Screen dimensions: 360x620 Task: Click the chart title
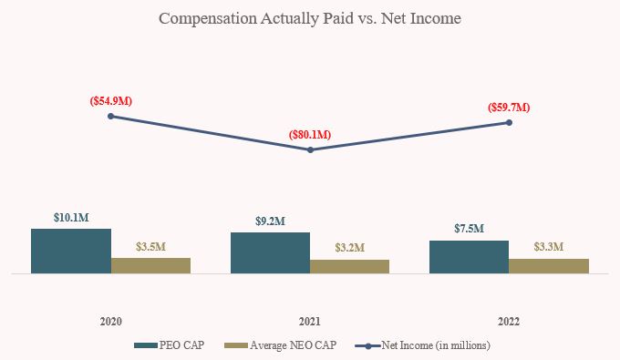[310, 18]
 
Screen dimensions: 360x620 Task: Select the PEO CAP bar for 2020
[71, 251]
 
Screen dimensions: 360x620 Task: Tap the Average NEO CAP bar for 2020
[150, 265]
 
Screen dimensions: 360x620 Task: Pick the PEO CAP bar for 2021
[270, 252]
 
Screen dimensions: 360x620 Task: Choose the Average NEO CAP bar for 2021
[349, 266]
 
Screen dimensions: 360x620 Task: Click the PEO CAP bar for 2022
[469, 256]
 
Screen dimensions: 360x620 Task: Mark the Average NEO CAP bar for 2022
[549, 265]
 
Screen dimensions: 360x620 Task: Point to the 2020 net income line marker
[111, 116]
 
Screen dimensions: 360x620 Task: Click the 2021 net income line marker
[310, 149]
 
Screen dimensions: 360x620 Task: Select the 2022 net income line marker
[509, 122]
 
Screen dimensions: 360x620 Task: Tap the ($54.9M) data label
[111, 100]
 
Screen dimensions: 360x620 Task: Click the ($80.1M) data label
[310, 135]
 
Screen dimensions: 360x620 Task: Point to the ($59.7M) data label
[509, 107]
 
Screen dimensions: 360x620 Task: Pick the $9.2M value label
[270, 221]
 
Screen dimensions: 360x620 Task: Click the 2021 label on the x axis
[310, 322]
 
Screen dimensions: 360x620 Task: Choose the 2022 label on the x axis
[509, 322]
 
